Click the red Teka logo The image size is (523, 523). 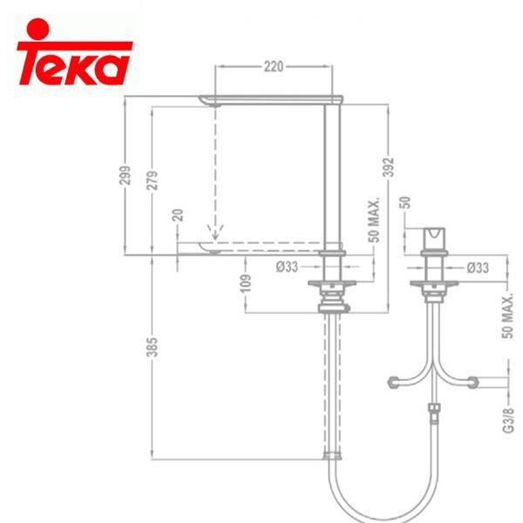pos(75,52)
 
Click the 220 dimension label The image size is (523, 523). pos(274,67)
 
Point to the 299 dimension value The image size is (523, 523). pos(126,175)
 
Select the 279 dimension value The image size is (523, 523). pos(152,180)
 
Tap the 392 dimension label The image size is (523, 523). pos(390,166)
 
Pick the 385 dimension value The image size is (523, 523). pos(152,347)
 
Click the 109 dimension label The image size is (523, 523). pos(246,283)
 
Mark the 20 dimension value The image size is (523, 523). pos(178,215)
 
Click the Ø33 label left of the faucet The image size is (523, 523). pos(287,267)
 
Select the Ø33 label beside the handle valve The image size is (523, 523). pos(478,268)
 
